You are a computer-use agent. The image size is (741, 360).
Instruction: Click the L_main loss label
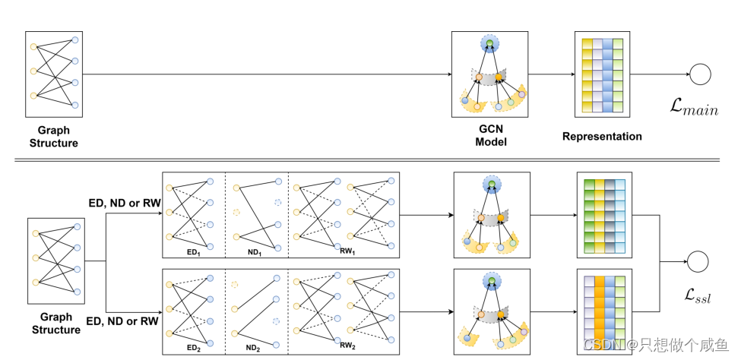(694, 110)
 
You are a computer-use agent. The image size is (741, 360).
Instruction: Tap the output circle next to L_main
(699, 74)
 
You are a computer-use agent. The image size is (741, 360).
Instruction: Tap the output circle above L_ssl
(697, 261)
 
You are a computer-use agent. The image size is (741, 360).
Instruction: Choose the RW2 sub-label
(348, 346)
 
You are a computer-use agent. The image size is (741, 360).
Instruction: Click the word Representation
(602, 137)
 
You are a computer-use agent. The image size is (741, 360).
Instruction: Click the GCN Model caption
(490, 136)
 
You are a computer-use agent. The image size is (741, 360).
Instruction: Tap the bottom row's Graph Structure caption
(53, 324)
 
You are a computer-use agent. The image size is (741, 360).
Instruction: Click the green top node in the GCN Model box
(490, 44)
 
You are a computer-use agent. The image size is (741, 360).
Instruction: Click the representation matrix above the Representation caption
(602, 74)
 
